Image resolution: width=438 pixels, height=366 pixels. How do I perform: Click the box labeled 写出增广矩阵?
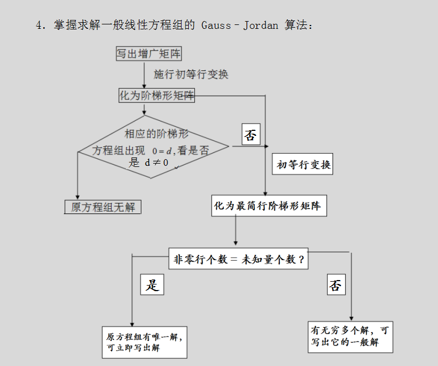[x=149, y=54]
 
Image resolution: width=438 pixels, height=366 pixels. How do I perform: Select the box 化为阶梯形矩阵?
[x=157, y=95]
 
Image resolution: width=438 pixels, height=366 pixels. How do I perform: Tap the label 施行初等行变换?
[x=191, y=74]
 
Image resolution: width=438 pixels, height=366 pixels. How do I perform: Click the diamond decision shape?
[x=153, y=147]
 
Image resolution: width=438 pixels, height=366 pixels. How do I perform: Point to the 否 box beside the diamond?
[x=250, y=135]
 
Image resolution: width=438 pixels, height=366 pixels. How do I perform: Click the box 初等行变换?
[x=304, y=165]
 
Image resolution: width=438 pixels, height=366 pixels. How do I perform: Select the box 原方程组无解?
[x=103, y=207]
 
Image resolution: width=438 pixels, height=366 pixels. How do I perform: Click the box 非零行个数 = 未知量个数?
[x=239, y=259]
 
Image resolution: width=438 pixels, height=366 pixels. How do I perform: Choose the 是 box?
[x=152, y=285]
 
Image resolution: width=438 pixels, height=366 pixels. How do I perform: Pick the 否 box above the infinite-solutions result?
[x=335, y=285]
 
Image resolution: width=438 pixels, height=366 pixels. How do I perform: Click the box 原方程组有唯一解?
[x=144, y=342]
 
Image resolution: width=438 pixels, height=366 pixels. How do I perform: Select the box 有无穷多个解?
[x=350, y=336]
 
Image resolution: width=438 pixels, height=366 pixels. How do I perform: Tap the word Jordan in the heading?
[x=261, y=26]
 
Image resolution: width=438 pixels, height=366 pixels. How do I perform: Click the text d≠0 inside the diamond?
[x=157, y=162]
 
